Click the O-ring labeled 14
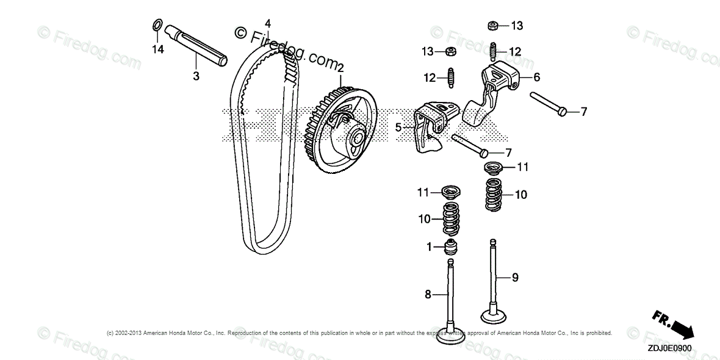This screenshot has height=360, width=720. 157,26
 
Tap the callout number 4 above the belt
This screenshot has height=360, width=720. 267,24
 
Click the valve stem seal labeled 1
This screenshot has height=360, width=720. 451,248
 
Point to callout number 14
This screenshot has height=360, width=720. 159,50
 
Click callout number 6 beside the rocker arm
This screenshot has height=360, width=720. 536,77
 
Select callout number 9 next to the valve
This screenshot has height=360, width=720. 515,278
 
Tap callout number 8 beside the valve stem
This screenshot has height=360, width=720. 428,295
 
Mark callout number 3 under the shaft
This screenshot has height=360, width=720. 196,76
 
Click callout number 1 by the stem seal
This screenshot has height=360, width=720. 429,247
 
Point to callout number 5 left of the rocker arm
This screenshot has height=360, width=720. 398,128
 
